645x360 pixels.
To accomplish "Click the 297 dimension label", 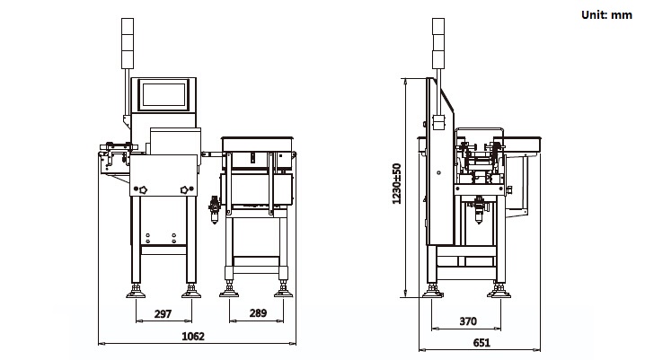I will pos(163,314).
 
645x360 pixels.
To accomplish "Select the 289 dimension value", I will pos(256,314).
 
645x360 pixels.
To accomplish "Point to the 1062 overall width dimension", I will pos(193,337).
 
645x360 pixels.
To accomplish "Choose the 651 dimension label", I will pos(482,342).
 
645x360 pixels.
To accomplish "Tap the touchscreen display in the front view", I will pos(163,94).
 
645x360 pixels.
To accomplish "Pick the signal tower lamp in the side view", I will pos(437,43).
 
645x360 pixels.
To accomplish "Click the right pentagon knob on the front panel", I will pos(186,189).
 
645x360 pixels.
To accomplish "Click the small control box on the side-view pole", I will pos(440,123).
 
